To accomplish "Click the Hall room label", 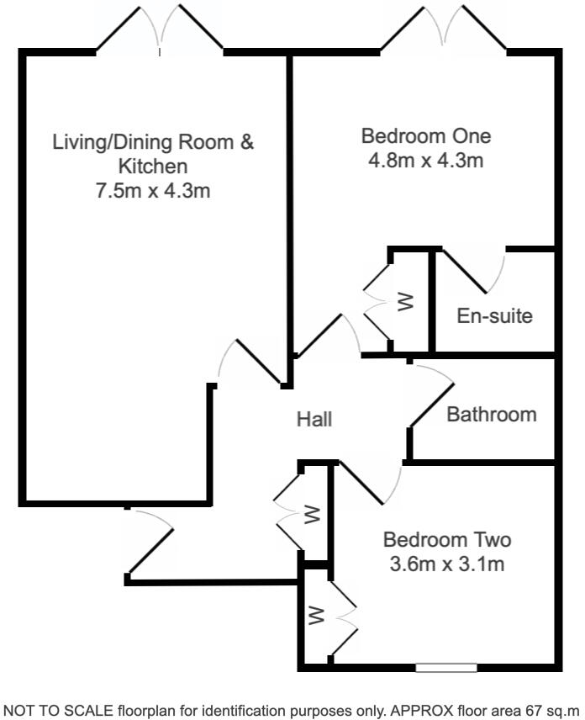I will pyautogui.click(x=314, y=418).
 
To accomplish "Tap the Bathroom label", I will pyautogui.click(x=491, y=415).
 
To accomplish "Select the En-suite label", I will pyautogui.click(x=494, y=316).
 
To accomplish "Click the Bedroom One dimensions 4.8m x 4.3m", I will pyautogui.click(x=425, y=160).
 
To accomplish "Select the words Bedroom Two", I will pyautogui.click(x=447, y=539).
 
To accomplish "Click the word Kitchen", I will pyautogui.click(x=153, y=166).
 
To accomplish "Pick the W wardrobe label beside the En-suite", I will pyautogui.click(x=406, y=301).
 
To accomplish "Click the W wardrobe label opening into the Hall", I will pyautogui.click(x=312, y=514).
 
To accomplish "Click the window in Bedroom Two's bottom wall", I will pyautogui.click(x=445, y=669).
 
